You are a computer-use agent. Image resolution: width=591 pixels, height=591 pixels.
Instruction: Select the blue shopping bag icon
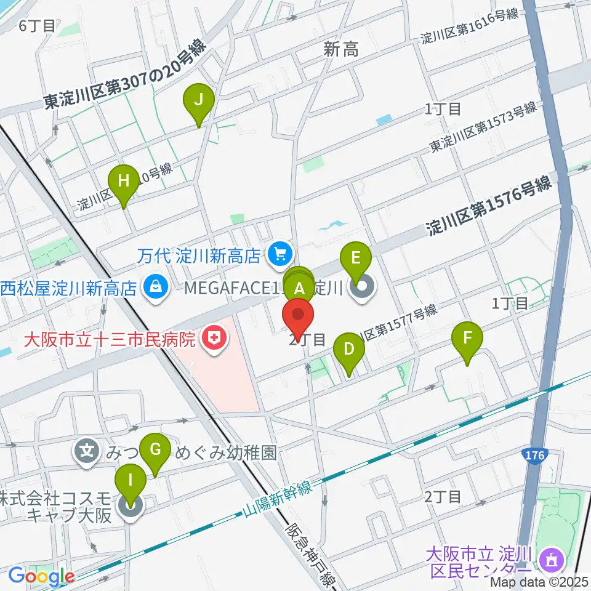156,286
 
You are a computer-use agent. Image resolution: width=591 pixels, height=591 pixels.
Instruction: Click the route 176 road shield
534,456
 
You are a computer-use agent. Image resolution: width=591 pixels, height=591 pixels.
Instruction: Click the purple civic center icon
549,559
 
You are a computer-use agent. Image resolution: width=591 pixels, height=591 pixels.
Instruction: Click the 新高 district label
340,51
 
